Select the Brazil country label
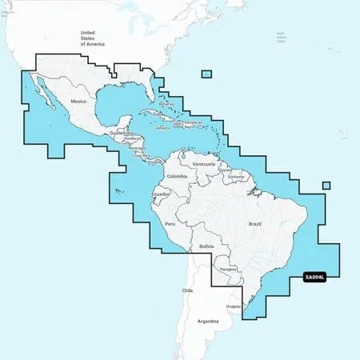click(255, 202)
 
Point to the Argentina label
click(208, 321)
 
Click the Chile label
click(187, 290)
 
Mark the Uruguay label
click(233, 306)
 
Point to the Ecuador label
click(160, 194)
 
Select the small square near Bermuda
click(206, 74)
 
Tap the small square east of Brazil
click(326, 186)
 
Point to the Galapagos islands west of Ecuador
click(118, 190)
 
